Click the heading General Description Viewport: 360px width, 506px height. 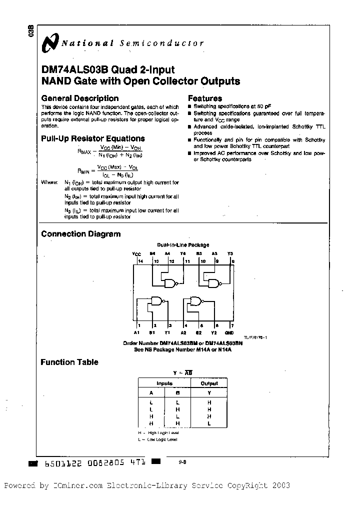[x=79, y=98]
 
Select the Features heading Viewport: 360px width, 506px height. [x=204, y=98]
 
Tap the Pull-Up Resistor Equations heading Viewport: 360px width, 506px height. [x=92, y=138]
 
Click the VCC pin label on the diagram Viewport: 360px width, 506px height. [x=137, y=253]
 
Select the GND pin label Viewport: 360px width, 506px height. [x=229, y=332]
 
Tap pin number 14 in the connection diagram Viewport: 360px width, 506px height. [x=140, y=261]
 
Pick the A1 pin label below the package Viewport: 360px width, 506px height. [x=136, y=332]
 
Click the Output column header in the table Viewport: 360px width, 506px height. [x=209, y=383]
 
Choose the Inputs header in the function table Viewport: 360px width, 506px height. [x=164, y=383]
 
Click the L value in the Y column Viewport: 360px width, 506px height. [x=209, y=423]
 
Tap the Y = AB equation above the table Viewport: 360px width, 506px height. [x=182, y=372]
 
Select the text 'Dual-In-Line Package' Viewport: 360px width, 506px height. [x=183, y=245]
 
